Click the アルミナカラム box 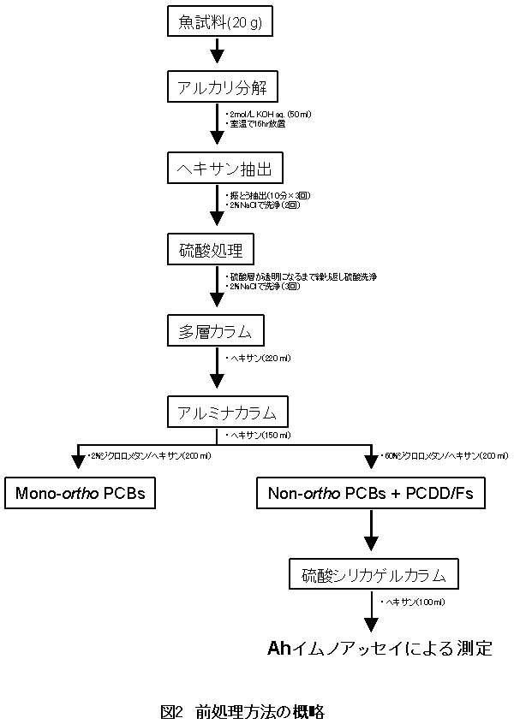227,412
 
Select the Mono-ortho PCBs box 81,493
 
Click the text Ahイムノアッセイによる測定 380,647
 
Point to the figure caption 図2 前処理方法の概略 242,711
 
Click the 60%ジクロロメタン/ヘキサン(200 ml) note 437,456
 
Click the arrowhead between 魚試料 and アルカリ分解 218,56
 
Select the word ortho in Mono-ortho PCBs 83,493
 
